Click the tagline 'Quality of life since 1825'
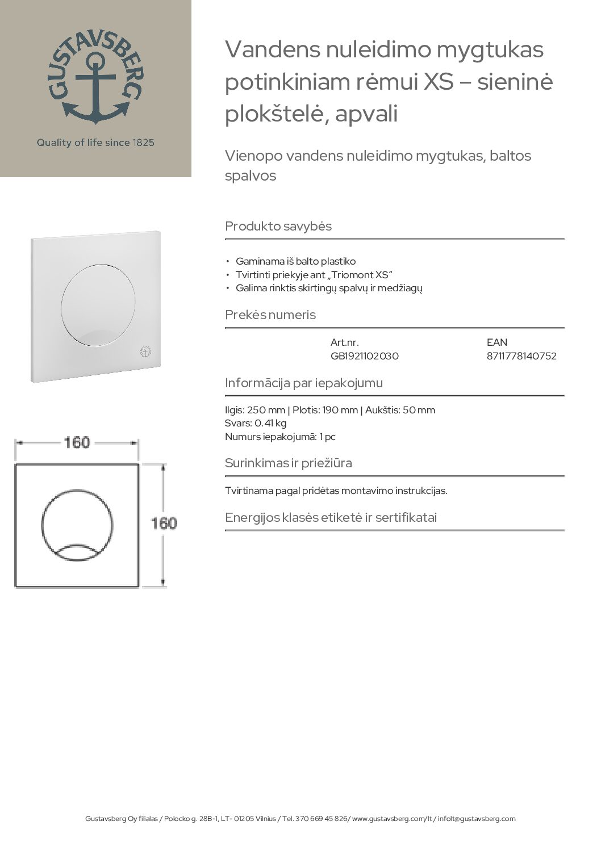pyautogui.click(x=95, y=143)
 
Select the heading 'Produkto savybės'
pyautogui.click(x=278, y=226)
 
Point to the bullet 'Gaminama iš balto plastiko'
pyautogui.click(x=295, y=262)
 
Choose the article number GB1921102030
pyautogui.click(x=364, y=356)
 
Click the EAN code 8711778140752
pyautogui.click(x=521, y=356)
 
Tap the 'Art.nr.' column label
pyautogui.click(x=344, y=342)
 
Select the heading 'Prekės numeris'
pyautogui.click(x=270, y=315)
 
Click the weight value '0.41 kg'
pyautogui.click(x=270, y=423)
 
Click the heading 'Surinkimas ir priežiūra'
pyautogui.click(x=289, y=463)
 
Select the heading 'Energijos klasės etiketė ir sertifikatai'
pyautogui.click(x=331, y=517)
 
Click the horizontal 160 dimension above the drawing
pyautogui.click(x=77, y=442)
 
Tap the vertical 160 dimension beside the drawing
pyautogui.click(x=164, y=523)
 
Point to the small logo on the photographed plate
pyautogui.click(x=145, y=352)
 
